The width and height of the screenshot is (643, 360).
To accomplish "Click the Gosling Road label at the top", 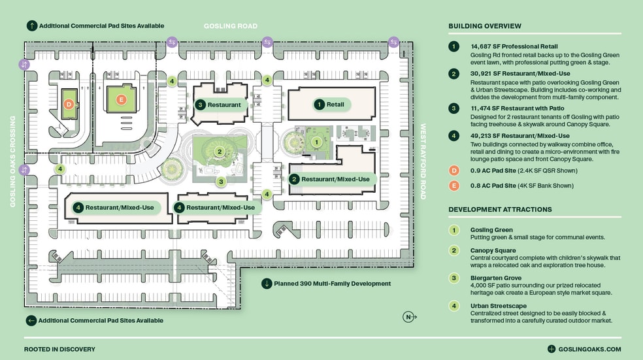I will click(x=231, y=26).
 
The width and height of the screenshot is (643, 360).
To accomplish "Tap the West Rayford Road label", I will click(x=423, y=161).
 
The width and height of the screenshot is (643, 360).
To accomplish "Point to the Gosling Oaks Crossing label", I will click(x=12, y=161).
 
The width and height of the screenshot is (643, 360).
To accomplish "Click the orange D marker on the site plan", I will click(x=68, y=103).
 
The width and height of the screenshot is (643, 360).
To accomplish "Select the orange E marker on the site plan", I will click(x=120, y=99).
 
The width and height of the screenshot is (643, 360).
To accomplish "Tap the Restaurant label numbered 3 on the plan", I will click(x=219, y=105).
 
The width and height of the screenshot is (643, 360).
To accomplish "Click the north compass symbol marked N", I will click(x=408, y=318).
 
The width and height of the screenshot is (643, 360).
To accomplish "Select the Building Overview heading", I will click(x=485, y=26).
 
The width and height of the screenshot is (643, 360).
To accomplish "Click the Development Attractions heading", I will click(x=500, y=210).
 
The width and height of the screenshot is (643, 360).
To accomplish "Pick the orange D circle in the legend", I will click(x=453, y=171).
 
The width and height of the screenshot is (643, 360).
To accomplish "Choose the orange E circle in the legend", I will click(x=453, y=186).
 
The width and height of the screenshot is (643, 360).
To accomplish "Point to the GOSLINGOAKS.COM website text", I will click(x=584, y=350).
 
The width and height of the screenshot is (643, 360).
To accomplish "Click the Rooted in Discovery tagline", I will click(x=59, y=350).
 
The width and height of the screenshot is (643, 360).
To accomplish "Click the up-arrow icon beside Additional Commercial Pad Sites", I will click(x=31, y=26).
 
